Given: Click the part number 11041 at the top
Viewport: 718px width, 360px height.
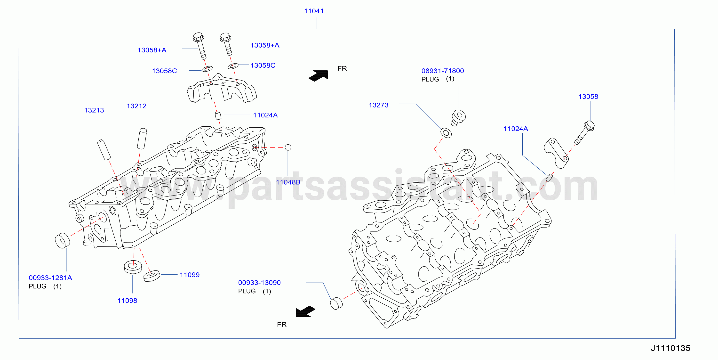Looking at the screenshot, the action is click(314, 11).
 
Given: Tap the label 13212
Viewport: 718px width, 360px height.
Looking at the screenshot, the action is click(136, 106).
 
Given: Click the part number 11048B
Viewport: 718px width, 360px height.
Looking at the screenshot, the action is click(288, 182).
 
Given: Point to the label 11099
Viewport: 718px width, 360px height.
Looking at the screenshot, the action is click(190, 275).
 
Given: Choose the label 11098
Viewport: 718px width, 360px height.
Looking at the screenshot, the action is click(127, 301).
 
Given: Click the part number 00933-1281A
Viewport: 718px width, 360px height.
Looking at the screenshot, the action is click(50, 278).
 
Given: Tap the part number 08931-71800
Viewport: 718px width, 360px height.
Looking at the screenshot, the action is click(443, 71).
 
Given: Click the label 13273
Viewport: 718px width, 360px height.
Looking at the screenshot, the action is click(378, 105).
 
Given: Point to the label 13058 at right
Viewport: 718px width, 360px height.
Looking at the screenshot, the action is click(588, 97).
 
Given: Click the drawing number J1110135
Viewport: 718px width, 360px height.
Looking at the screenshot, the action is click(671, 348).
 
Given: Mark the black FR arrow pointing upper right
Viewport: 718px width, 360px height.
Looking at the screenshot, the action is click(319, 76).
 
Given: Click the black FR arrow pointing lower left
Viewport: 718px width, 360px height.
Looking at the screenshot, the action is click(305, 311).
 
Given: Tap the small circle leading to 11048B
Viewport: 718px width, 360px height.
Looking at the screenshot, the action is click(288, 147).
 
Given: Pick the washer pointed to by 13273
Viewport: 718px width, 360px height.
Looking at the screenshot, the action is click(446, 133).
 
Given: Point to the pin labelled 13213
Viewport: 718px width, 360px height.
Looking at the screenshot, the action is click(104, 150).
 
